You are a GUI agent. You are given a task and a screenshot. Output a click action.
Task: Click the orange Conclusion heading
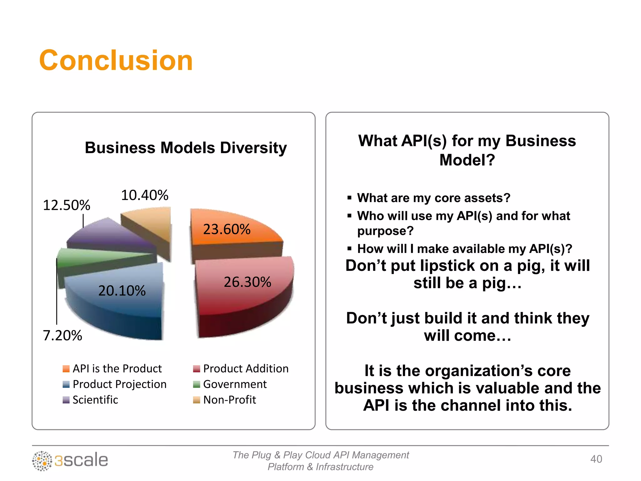point(116,60)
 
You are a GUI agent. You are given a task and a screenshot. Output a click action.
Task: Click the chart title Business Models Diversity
point(186,148)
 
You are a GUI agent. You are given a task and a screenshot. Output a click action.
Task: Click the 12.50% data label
point(66,205)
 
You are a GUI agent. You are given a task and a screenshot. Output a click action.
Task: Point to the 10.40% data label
point(145,195)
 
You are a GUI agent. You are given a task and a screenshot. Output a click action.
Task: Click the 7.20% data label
point(62,335)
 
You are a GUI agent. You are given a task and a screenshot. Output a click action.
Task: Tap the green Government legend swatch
point(197,384)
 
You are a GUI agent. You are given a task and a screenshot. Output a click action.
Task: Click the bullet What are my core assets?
point(433,198)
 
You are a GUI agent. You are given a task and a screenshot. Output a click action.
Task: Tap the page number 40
point(596,459)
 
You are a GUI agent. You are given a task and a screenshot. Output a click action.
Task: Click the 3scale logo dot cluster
point(42,461)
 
